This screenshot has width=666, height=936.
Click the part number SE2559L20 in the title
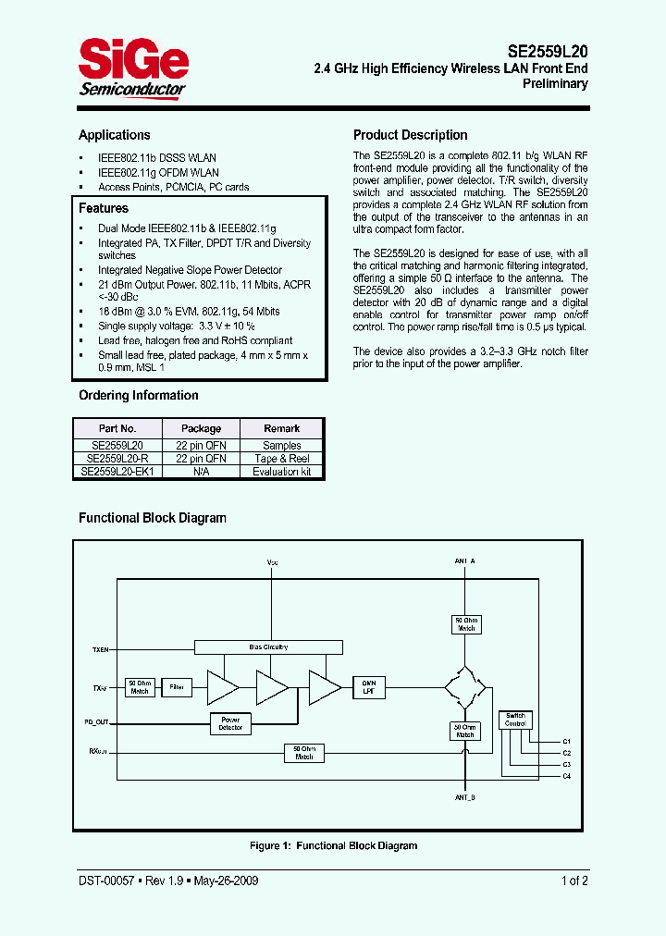pyautogui.click(x=547, y=52)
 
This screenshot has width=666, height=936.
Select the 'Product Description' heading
pyautogui.click(x=410, y=135)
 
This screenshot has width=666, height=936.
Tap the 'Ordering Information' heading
pyautogui.click(x=138, y=395)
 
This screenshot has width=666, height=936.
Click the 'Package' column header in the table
pyautogui.click(x=201, y=428)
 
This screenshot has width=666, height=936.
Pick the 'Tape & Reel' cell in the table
pyautogui.click(x=282, y=458)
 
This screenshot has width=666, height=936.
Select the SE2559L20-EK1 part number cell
pyautogui.click(x=117, y=471)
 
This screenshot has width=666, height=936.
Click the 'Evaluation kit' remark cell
pyautogui.click(x=282, y=471)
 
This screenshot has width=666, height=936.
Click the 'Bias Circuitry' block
pyautogui.click(x=268, y=647)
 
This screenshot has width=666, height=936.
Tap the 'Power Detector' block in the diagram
pyautogui.click(x=230, y=723)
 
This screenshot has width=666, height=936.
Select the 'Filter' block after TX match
pyautogui.click(x=176, y=687)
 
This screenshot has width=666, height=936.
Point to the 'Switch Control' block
pyautogui.click(x=515, y=720)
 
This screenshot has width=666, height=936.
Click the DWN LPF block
pyautogui.click(x=367, y=686)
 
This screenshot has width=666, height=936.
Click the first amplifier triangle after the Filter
pyautogui.click(x=222, y=687)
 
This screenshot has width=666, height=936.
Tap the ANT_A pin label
pyautogui.click(x=464, y=561)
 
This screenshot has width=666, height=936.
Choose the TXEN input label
pyautogui.click(x=100, y=649)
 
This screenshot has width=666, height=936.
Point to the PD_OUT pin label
pyautogui.click(x=97, y=721)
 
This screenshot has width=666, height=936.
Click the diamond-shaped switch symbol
pyautogui.click(x=464, y=687)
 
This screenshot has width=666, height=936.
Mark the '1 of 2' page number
pyautogui.click(x=574, y=881)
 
